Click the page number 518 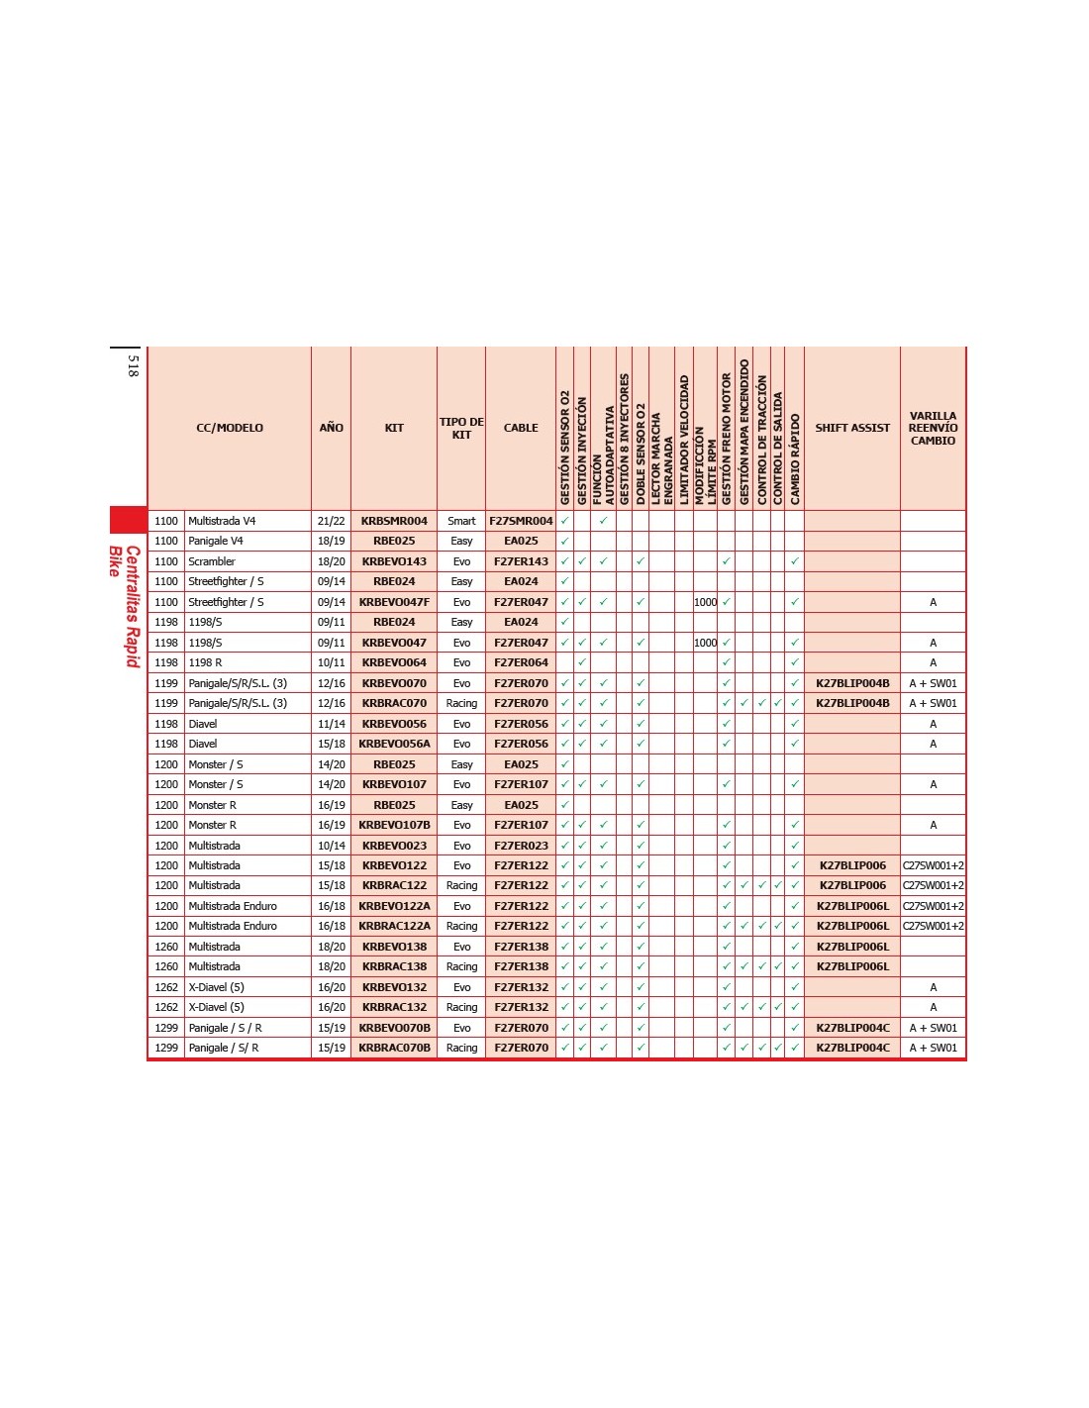coord(133,365)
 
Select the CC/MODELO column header coord(230,428)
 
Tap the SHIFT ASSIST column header coord(851,428)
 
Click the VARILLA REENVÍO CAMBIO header coord(933,428)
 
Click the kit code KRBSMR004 coord(394,521)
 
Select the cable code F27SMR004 coord(521,521)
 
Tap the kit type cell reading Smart coord(461,521)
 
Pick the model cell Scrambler coord(212,561)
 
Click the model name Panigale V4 coord(216,541)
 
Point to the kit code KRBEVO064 coord(394,662)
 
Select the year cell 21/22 coord(332,521)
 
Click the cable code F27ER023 coord(521,846)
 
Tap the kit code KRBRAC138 coord(394,966)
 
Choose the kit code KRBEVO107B coord(394,825)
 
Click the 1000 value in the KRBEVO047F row coord(705,602)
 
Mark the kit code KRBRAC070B coord(394,1048)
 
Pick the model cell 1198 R coord(206,662)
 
